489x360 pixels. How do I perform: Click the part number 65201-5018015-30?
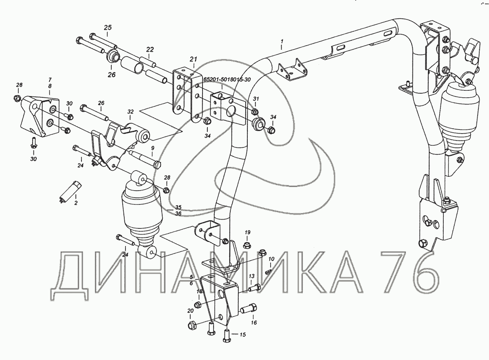point(227,80)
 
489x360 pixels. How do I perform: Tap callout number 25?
point(108,28)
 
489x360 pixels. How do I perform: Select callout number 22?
point(150,50)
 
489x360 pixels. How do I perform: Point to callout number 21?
point(194,59)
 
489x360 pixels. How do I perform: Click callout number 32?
point(130,112)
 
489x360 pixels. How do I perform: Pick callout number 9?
point(152,148)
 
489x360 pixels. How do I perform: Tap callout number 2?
point(76,203)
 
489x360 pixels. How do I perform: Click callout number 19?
point(247,233)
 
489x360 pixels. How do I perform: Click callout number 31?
point(256,99)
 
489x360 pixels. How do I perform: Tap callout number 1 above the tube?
point(282,41)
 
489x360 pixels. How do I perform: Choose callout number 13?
point(252,276)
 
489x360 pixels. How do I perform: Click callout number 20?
point(190,311)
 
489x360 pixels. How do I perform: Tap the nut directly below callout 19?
point(247,245)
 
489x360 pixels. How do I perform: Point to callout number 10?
point(271,259)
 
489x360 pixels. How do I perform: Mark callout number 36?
point(178,214)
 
